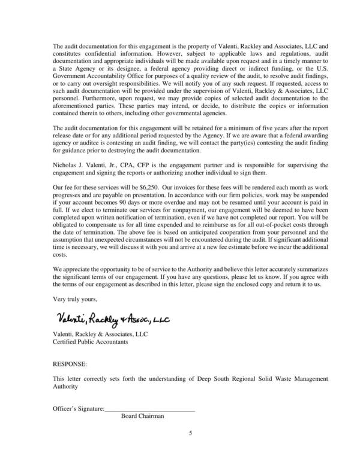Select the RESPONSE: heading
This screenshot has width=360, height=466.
[x=70, y=363]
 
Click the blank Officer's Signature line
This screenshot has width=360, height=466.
[x=150, y=410]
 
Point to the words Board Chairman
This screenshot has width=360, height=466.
[x=142, y=416]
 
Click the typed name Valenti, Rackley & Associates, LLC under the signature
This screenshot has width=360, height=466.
[x=100, y=333]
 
